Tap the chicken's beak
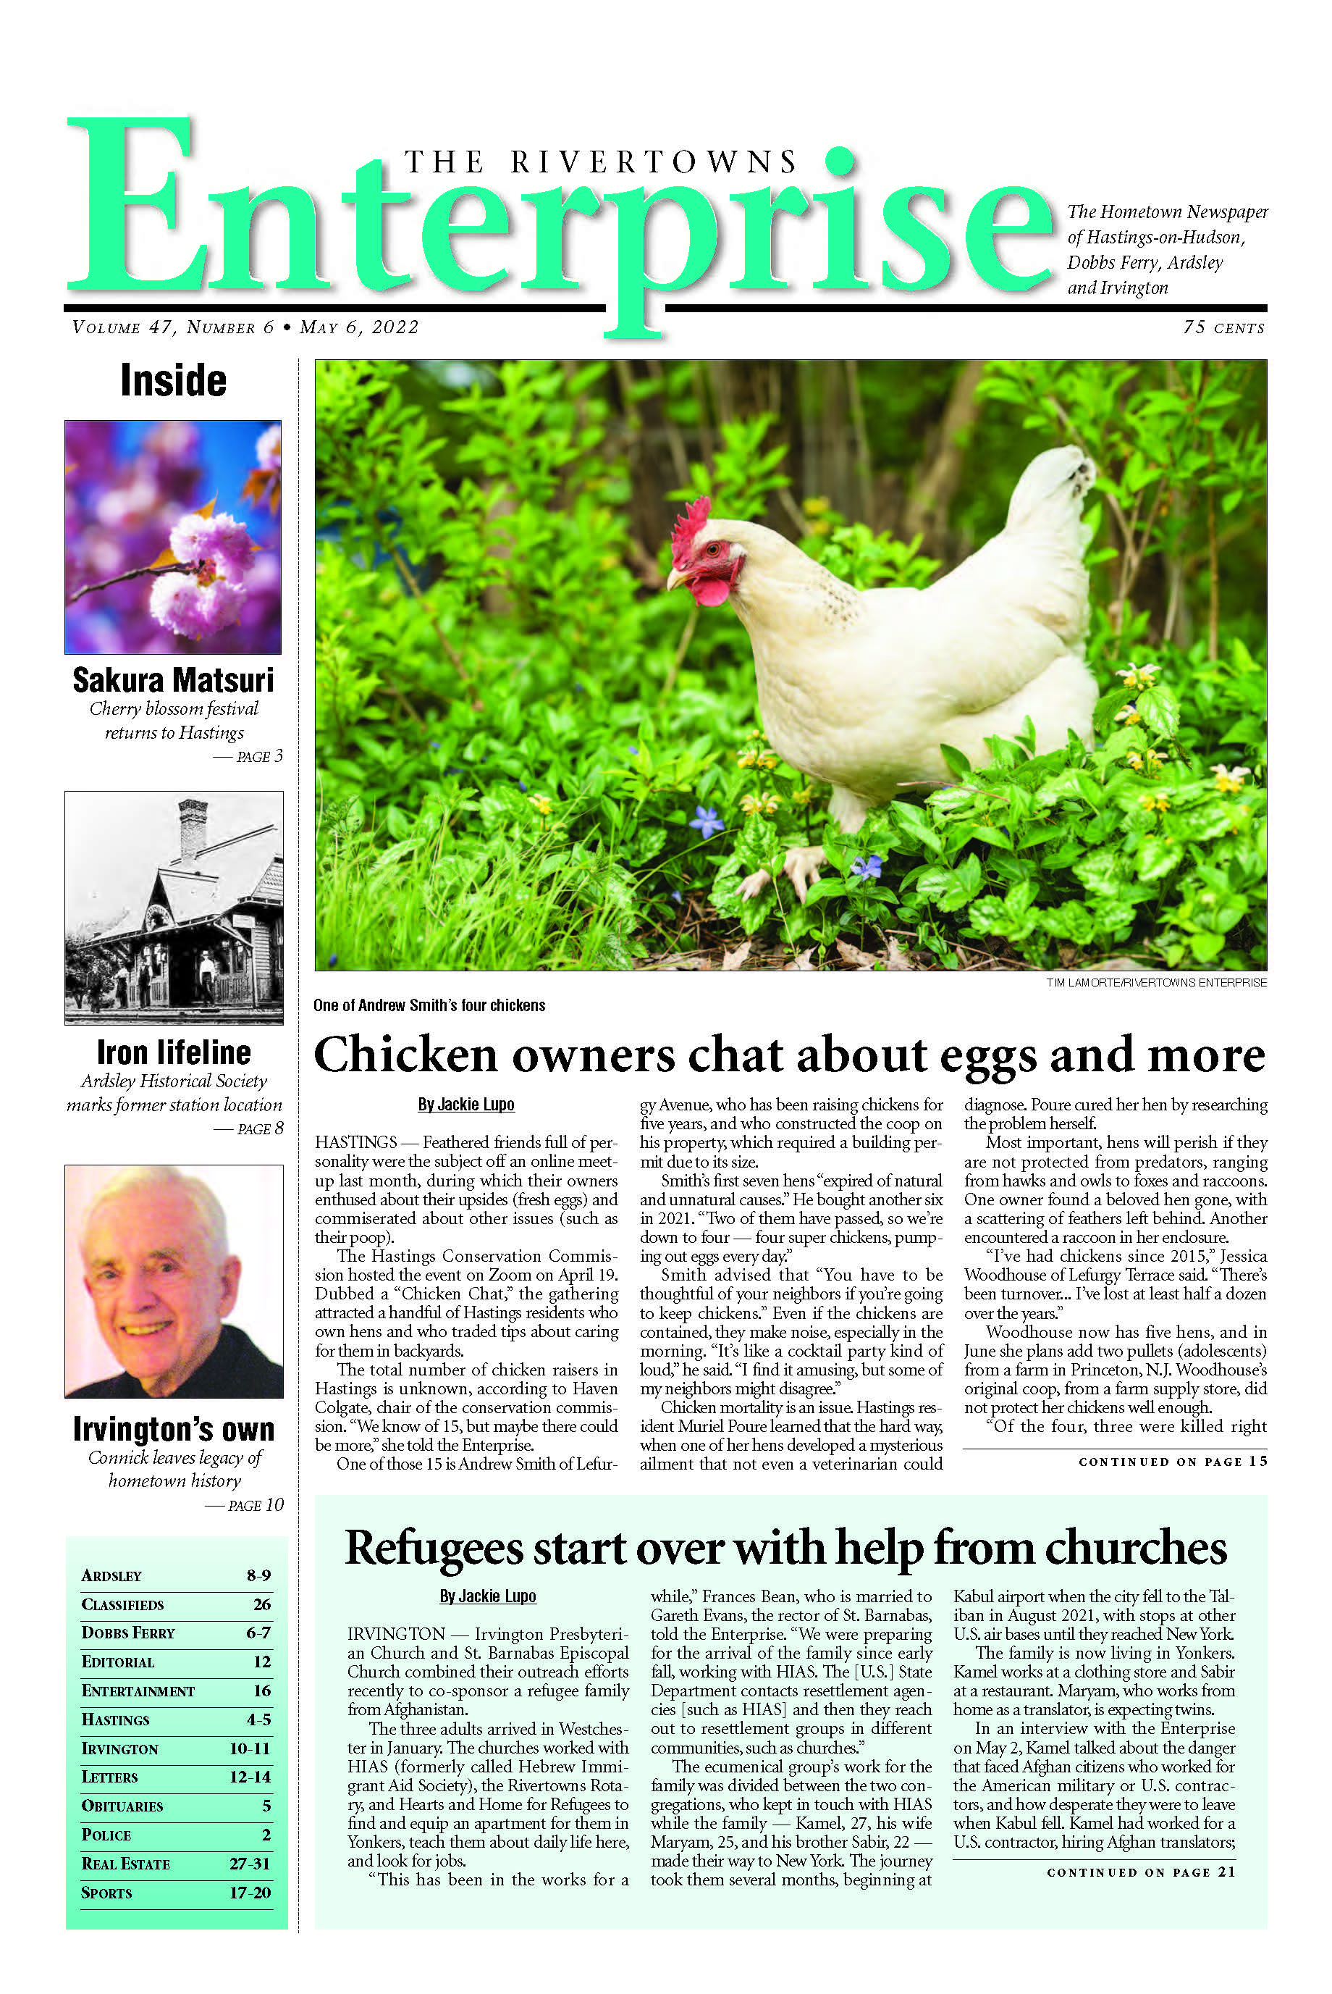coord(675,580)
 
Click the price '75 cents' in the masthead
coord(1223,327)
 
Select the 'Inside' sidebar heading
coord(173,380)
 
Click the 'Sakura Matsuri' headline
coord(173,680)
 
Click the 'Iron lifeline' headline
coord(173,1052)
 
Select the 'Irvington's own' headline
coord(173,1429)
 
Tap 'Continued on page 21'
coord(1141,1872)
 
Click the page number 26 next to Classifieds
coord(261,1605)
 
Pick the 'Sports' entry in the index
coord(106,1893)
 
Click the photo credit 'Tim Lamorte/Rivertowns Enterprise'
coord(1155,983)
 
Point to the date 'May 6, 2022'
coord(359,327)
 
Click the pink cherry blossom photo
coord(173,537)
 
